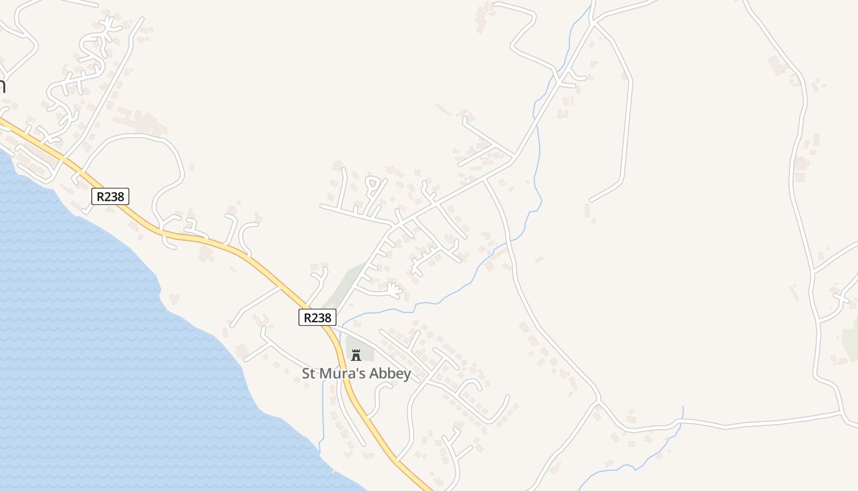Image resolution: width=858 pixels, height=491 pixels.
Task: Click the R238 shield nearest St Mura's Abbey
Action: pyautogui.click(x=317, y=317)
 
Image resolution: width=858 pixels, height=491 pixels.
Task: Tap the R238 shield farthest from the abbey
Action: pyautogui.click(x=110, y=196)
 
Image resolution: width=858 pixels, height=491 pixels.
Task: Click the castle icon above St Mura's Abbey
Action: pyautogui.click(x=355, y=355)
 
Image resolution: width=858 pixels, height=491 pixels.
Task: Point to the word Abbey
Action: pyautogui.click(x=393, y=373)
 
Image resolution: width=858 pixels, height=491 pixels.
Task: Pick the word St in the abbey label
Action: pyautogui.click(x=309, y=373)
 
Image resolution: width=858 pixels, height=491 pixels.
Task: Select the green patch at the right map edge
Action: pyautogui.click(x=851, y=341)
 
